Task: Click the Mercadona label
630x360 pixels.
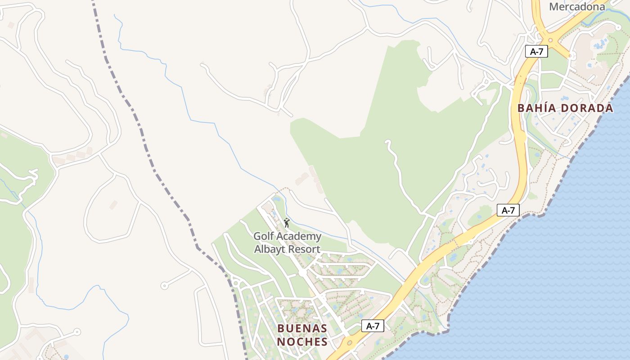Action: [577, 7]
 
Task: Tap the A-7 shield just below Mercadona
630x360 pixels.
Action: [536, 51]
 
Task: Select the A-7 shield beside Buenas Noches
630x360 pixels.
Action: [373, 326]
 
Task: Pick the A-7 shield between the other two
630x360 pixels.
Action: [508, 210]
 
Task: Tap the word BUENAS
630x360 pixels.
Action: [302, 328]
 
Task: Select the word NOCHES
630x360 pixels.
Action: [302, 342]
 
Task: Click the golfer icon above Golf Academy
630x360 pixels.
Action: [287, 223]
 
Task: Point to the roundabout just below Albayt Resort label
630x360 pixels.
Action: [302, 273]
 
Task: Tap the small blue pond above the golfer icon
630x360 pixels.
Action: [276, 198]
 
